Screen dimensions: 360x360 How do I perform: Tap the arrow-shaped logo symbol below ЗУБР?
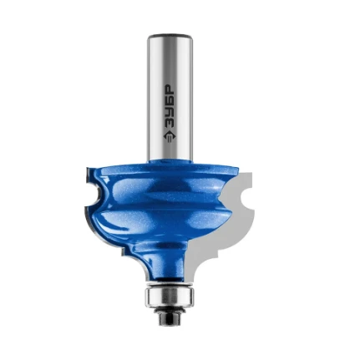169,138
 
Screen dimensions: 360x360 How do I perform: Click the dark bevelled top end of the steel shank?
170,36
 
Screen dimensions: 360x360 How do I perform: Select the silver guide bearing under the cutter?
169,297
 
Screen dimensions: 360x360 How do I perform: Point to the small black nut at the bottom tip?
169,318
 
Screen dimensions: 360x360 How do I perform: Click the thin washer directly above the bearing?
169,284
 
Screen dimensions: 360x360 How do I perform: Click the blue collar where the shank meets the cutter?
170,160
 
